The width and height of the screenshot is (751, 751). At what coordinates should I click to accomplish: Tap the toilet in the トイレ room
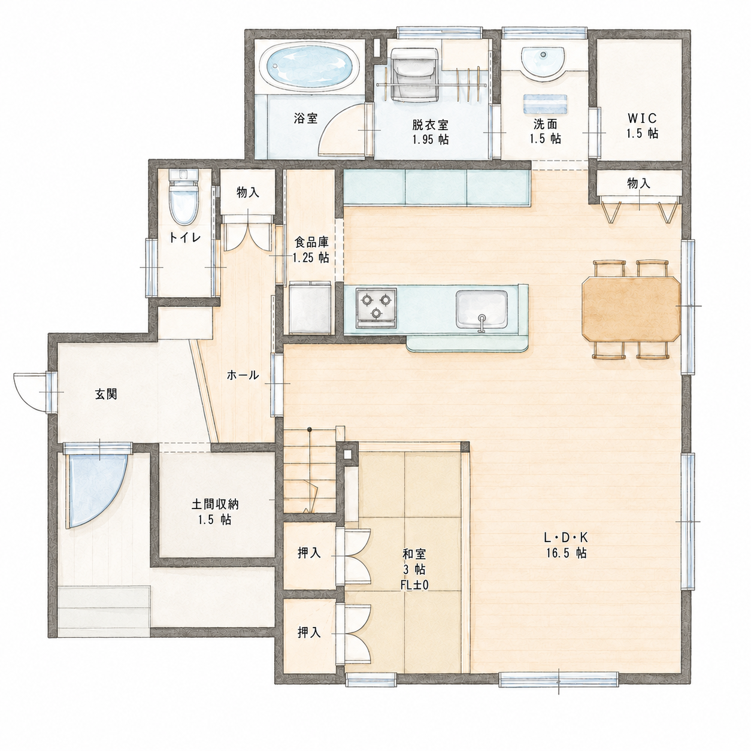183,198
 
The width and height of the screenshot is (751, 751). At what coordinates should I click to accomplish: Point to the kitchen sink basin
482,310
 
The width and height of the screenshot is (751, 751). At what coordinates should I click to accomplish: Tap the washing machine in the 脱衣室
415,74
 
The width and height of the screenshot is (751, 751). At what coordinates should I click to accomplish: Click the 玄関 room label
106,395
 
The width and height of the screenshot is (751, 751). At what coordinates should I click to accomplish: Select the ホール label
243,375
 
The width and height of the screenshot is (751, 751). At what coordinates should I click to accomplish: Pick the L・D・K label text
566,538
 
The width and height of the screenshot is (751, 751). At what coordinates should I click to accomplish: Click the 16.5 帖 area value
566,553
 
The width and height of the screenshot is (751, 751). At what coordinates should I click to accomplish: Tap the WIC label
642,118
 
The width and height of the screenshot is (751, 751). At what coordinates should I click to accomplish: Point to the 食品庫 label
311,243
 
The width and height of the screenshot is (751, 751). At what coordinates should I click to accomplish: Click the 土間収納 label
215,505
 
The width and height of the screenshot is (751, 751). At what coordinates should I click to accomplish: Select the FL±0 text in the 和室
414,585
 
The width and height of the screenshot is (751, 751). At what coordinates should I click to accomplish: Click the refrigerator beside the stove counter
310,308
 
